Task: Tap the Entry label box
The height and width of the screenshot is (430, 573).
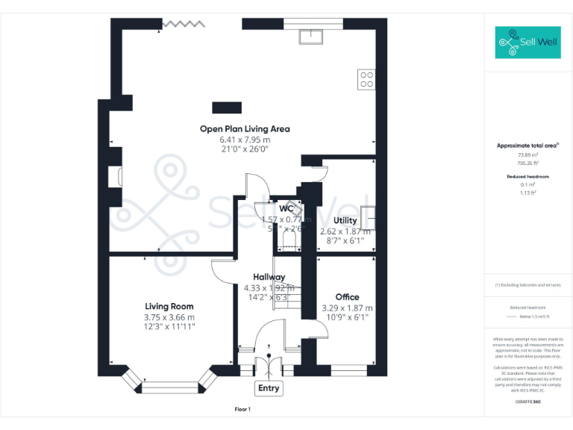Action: point(269,388)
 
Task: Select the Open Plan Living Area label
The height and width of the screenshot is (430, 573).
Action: point(245,128)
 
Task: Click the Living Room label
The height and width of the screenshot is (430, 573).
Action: point(169,306)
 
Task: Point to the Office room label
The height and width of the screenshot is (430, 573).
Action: point(347,297)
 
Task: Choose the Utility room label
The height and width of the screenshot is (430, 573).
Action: point(345,220)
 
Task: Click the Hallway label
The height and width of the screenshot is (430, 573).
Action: point(269,277)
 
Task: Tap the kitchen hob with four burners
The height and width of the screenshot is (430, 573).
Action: point(366,79)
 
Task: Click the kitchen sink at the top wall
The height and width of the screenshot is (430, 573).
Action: point(309,37)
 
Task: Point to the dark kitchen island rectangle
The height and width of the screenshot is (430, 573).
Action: point(227,107)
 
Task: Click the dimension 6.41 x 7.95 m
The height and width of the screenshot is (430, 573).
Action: point(244,140)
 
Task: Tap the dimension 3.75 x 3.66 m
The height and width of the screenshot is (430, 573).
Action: point(169,317)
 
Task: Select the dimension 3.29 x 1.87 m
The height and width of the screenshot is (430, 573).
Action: point(347,308)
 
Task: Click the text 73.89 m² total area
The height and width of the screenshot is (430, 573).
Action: point(527,155)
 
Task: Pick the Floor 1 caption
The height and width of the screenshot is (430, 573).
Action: point(242,409)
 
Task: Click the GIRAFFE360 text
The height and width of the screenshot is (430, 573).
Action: point(527,402)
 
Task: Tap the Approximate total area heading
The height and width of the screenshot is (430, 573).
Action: point(527,146)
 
